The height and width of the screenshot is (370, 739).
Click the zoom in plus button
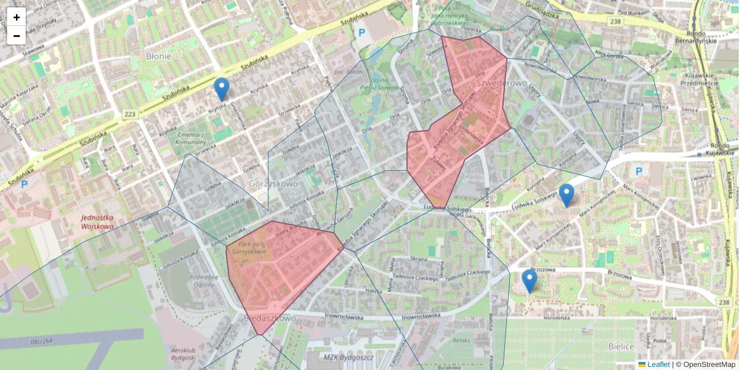[x=17, y=17]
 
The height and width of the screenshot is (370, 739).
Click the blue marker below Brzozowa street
[x=529, y=281]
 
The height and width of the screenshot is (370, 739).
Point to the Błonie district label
[x=158, y=56]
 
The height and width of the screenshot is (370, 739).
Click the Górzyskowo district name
[x=273, y=183]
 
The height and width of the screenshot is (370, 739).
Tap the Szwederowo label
[x=501, y=83]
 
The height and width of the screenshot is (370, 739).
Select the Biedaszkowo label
[x=270, y=318]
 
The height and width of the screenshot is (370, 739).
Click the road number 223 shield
[x=129, y=114]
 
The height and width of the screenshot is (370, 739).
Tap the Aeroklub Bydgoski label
[x=183, y=354]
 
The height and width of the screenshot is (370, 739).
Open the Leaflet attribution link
[x=657, y=364]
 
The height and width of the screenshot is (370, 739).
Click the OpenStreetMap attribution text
[x=709, y=364]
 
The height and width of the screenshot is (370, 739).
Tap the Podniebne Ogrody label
[x=204, y=281]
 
